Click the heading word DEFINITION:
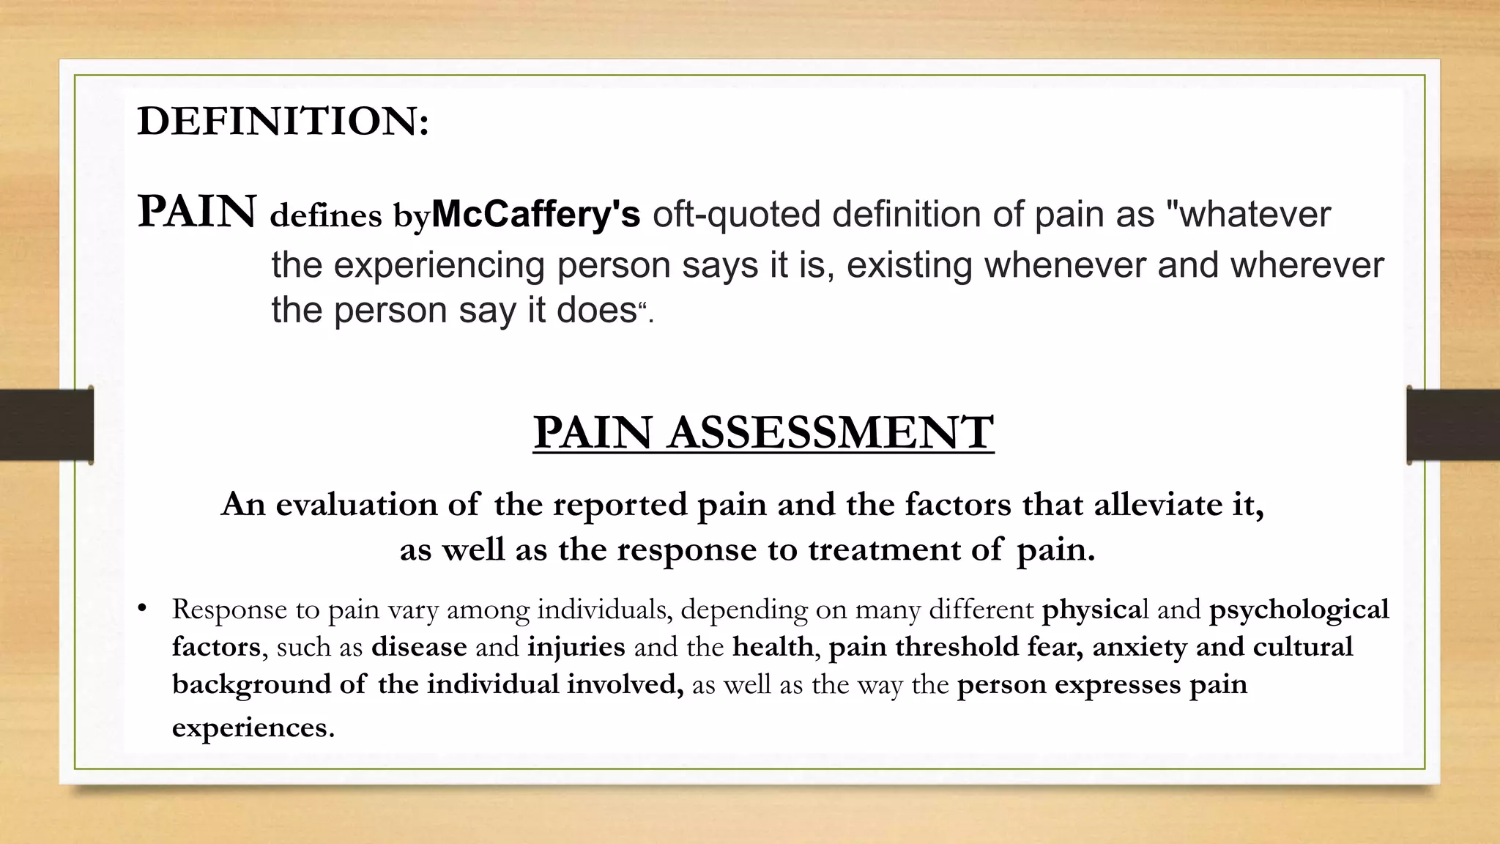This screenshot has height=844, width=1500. pos(283,122)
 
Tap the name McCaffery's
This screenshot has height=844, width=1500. pos(535,215)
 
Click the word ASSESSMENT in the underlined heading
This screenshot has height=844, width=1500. pos(831,432)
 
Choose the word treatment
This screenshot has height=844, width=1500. pos(884,550)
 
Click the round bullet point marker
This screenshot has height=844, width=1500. pos(143,608)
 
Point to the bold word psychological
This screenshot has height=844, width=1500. pos(1299,610)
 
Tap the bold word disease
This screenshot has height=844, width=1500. pos(419,647)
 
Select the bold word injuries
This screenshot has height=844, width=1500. pos(576,647)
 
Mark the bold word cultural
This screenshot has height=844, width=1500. pos(1303,647)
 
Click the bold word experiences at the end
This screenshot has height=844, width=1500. pos(253,728)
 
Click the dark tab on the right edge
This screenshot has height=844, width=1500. pos(1453,425)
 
